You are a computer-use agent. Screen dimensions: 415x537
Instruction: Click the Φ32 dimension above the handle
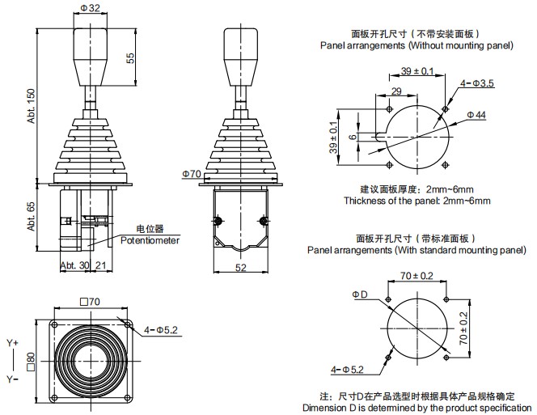click(x=91, y=9)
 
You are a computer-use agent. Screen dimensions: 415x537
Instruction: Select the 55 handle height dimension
click(x=130, y=58)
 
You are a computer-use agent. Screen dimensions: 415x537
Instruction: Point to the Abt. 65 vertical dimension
click(x=32, y=217)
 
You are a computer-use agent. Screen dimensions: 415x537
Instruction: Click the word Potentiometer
click(x=150, y=240)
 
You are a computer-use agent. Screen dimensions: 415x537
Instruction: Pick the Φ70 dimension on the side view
click(x=191, y=173)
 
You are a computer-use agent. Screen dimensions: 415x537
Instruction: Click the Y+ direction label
click(x=12, y=343)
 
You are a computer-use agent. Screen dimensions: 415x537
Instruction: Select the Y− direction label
click(x=12, y=378)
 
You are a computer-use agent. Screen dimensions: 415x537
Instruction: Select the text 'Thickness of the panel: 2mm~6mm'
click(x=416, y=200)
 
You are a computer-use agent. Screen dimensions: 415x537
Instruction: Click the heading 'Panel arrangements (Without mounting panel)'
click(x=416, y=46)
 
